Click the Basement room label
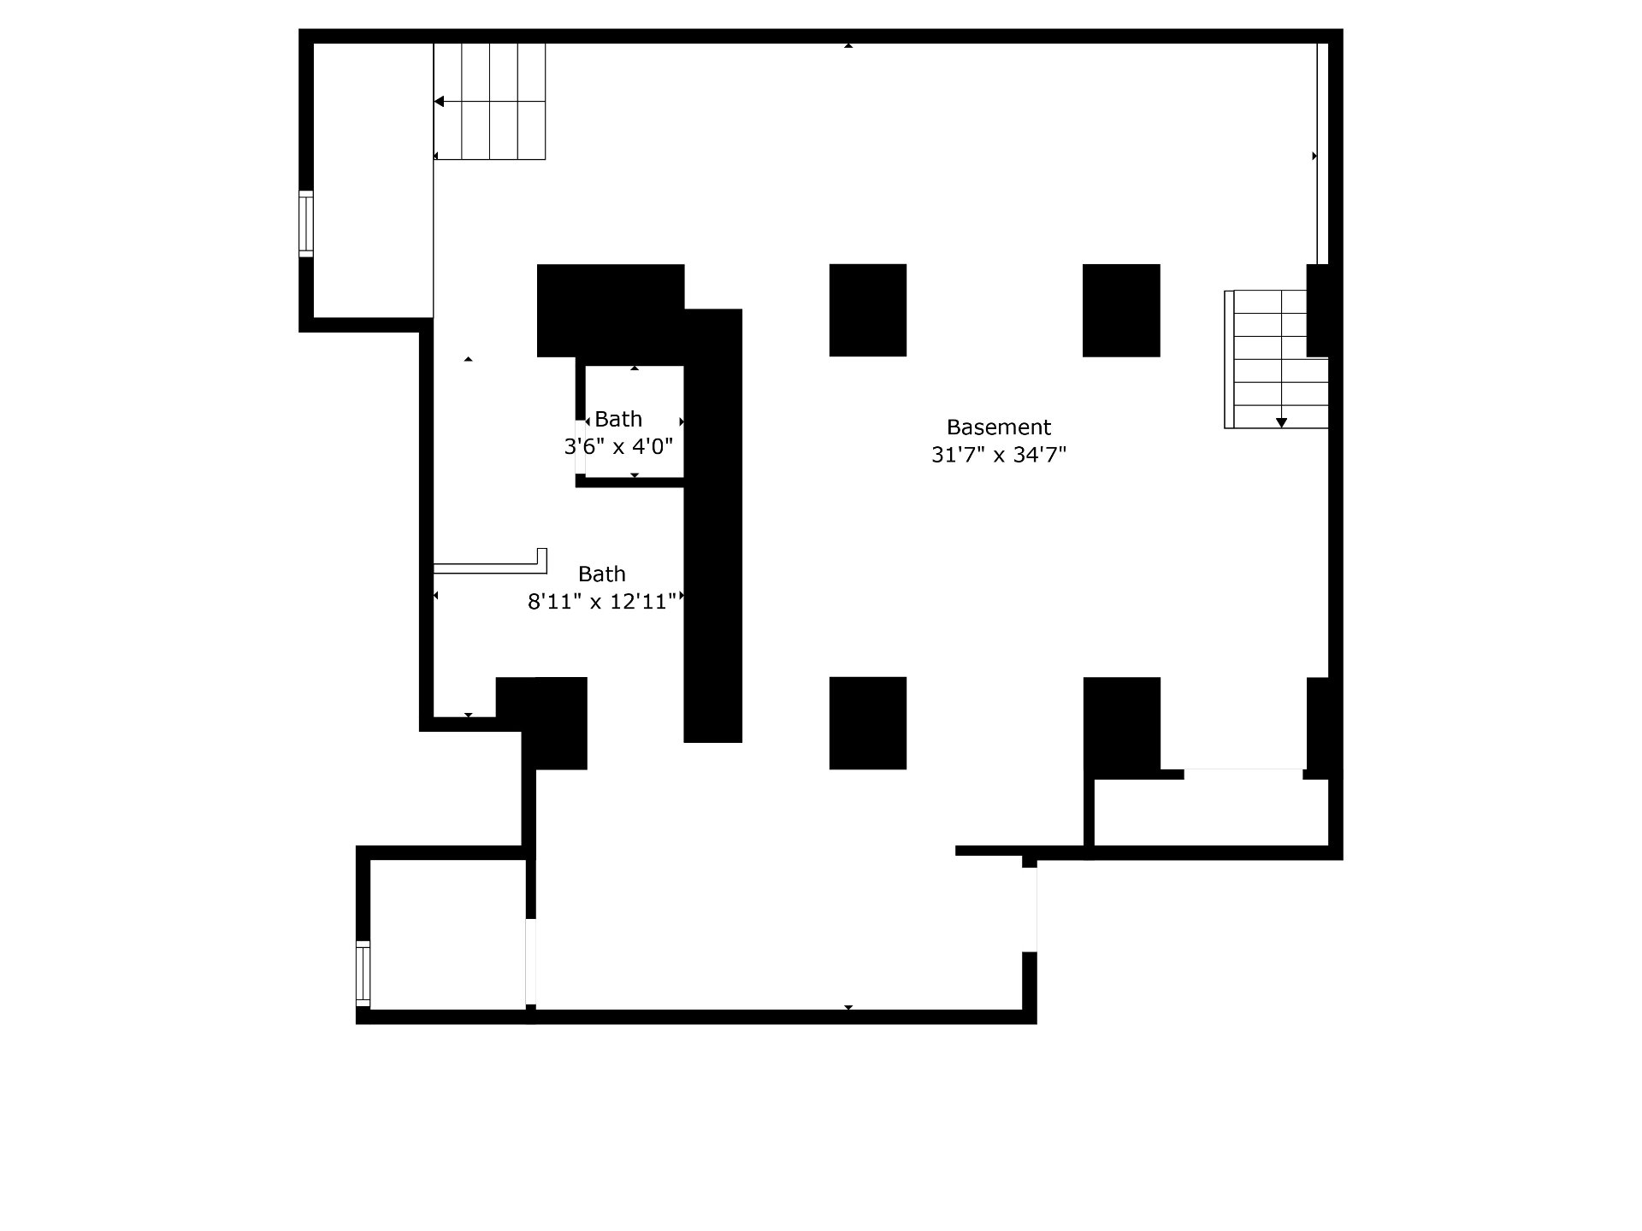[999, 427]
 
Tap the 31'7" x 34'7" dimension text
[999, 455]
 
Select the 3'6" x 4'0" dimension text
[618, 446]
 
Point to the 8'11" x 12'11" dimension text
[602, 602]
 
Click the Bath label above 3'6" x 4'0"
[618, 419]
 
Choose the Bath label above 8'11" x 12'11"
[602, 574]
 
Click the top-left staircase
[489, 101]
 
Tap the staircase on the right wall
[1276, 359]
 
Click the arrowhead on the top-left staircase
[439, 102]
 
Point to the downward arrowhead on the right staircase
[1281, 422]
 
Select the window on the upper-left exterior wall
[305, 223]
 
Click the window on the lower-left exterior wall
[363, 974]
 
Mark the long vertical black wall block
[712, 525]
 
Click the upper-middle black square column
[868, 310]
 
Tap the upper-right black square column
[1121, 310]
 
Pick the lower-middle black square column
[868, 723]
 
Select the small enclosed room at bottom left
[447, 934]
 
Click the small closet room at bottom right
[1211, 812]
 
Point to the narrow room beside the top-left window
[373, 180]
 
